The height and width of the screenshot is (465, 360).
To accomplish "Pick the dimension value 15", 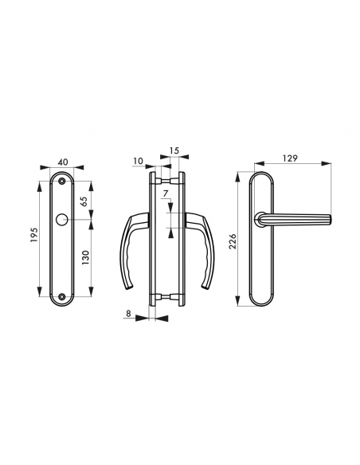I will coord(174,150).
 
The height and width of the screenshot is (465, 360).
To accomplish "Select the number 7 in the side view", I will coord(166,193).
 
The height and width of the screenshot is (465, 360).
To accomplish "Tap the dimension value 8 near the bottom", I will coord(130,314).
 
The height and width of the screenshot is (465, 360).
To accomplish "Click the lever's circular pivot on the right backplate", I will coord(260,217).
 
